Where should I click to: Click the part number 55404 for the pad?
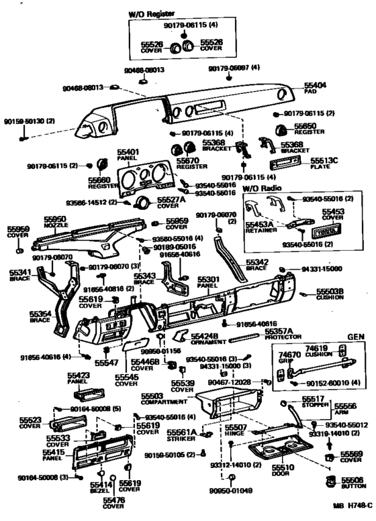314,86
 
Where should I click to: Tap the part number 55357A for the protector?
278,331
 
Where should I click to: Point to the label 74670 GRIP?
289,357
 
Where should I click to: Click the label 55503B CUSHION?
331,294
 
